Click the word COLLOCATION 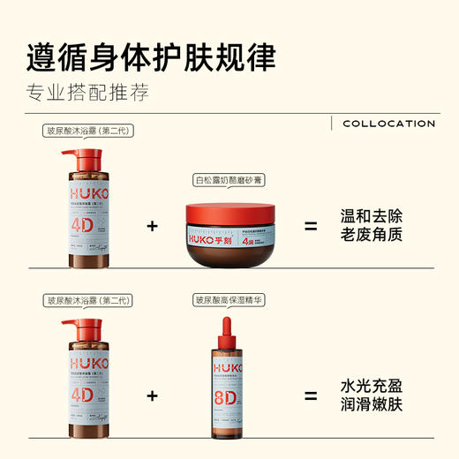point(388,124)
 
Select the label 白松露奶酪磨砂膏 point(232,180)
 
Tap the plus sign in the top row point(152,227)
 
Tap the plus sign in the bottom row point(152,396)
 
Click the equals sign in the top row point(311,227)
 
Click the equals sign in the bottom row point(311,396)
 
